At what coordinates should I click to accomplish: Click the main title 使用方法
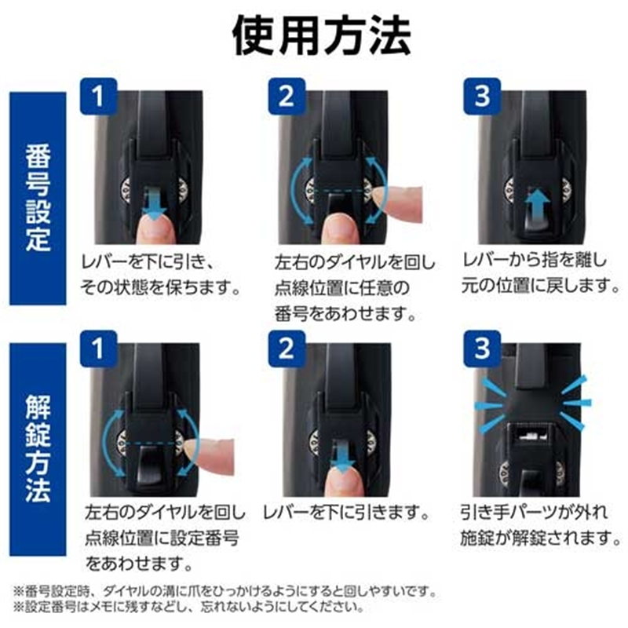(319, 34)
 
